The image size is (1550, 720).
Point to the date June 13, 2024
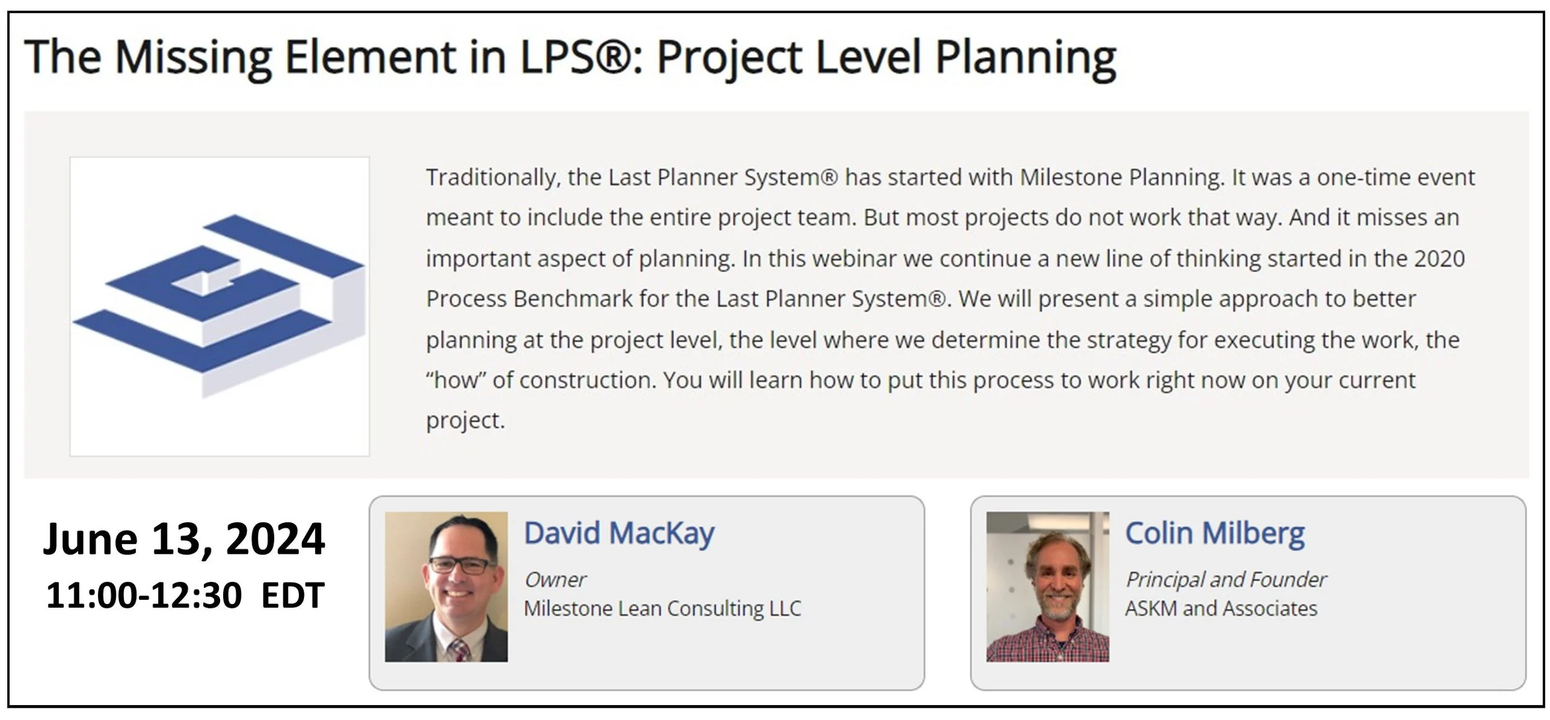(x=184, y=538)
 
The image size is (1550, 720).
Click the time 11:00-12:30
(x=143, y=595)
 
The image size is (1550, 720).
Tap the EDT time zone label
(x=293, y=595)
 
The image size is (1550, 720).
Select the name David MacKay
(x=619, y=533)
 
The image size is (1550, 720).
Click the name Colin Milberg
(x=1215, y=533)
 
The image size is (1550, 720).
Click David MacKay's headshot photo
(x=446, y=586)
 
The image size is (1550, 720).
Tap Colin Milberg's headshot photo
(x=1047, y=586)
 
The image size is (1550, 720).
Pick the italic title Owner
(x=554, y=579)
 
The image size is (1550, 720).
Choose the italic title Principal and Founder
(x=1225, y=579)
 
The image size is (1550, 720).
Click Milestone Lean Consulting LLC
(x=662, y=608)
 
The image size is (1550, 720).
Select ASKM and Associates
(x=1221, y=608)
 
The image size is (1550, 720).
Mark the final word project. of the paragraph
(x=465, y=421)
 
